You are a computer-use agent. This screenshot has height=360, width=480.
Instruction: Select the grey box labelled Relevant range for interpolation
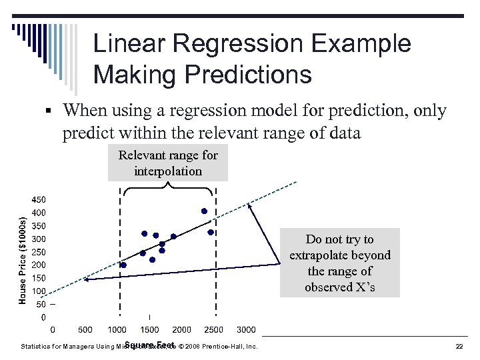(x=168, y=163)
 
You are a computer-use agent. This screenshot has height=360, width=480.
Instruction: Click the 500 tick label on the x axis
(x=85, y=329)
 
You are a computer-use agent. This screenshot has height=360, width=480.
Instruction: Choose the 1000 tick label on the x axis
(x=117, y=329)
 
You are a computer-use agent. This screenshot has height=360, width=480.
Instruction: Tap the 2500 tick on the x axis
(x=213, y=329)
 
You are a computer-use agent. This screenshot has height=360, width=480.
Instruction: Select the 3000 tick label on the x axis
(x=246, y=329)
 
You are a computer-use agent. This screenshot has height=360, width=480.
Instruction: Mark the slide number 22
(x=459, y=347)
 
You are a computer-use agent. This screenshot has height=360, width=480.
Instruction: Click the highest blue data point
(x=204, y=211)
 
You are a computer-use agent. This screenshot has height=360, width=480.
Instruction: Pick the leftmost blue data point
(x=123, y=265)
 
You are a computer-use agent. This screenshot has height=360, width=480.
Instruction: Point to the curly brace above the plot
(x=167, y=189)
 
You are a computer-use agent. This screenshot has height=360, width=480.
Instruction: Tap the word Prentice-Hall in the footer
(x=225, y=347)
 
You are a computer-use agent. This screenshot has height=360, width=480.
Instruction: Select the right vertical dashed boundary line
(x=214, y=253)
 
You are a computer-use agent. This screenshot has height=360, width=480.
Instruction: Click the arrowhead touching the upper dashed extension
(x=249, y=206)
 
